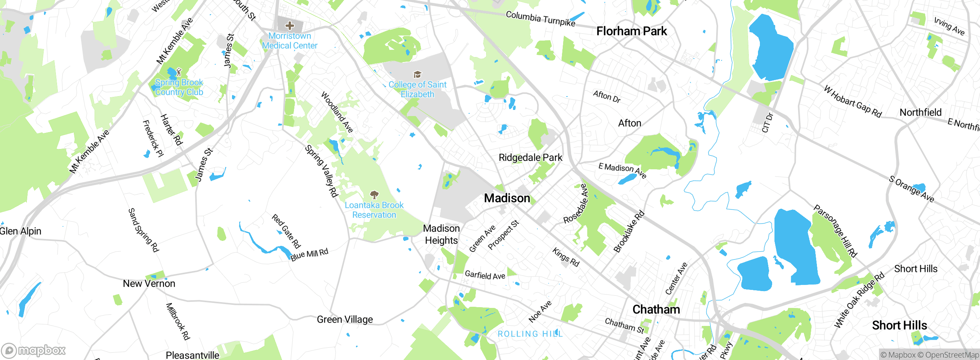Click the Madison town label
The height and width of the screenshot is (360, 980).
507,198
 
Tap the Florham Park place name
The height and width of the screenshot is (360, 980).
632,31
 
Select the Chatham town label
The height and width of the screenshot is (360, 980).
656,309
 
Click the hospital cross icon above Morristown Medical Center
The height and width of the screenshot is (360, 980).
290,26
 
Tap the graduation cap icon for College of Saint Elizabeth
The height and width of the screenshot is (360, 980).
417,74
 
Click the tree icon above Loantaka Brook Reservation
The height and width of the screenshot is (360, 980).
374,195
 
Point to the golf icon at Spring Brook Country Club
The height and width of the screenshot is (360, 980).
178,72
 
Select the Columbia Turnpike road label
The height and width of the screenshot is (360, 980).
540,18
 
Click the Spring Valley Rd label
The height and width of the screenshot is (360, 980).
322,171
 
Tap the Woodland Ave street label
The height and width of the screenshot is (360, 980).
337,112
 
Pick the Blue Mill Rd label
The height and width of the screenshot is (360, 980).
309,254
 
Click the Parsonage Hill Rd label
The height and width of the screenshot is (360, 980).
835,231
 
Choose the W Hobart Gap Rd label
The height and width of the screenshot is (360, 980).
853,101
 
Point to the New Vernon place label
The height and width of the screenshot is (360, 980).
149,284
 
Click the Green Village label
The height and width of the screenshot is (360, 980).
345,319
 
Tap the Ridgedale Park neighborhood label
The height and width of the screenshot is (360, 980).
530,157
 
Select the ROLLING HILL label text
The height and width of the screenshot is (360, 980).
530,334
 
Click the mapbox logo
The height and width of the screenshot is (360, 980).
33,350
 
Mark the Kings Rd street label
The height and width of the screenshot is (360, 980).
566,257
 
